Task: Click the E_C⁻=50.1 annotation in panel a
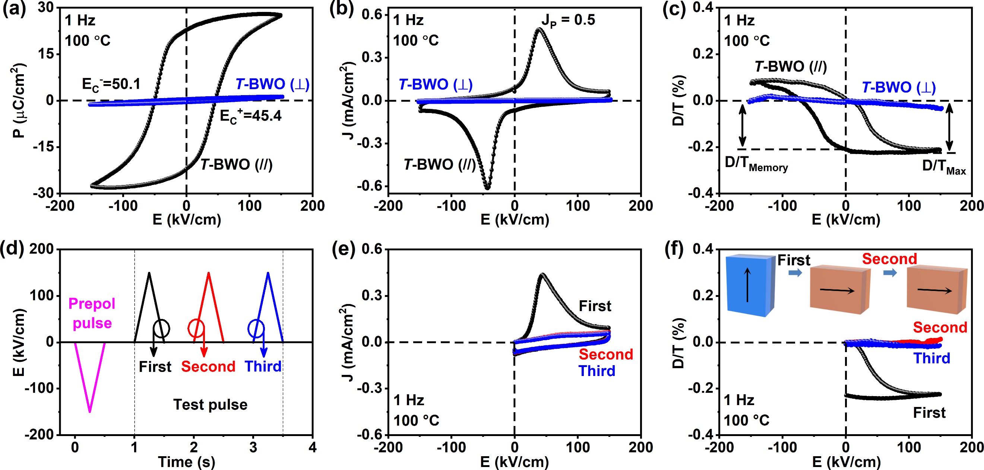tap(111, 85)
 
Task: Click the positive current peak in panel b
tap(539, 29)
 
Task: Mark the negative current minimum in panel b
tap(487, 187)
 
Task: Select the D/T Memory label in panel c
tap(756, 164)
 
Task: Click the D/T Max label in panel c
tap(943, 167)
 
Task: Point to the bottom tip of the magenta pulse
tap(90, 411)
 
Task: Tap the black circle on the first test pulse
tap(162, 328)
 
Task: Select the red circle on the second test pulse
tap(196, 328)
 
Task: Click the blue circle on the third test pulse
tap(256, 328)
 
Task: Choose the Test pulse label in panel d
tap(210, 405)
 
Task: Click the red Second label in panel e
tap(606, 354)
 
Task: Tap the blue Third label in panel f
tap(932, 358)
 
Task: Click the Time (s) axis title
tap(186, 462)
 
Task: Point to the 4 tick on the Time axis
tap(313, 446)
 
